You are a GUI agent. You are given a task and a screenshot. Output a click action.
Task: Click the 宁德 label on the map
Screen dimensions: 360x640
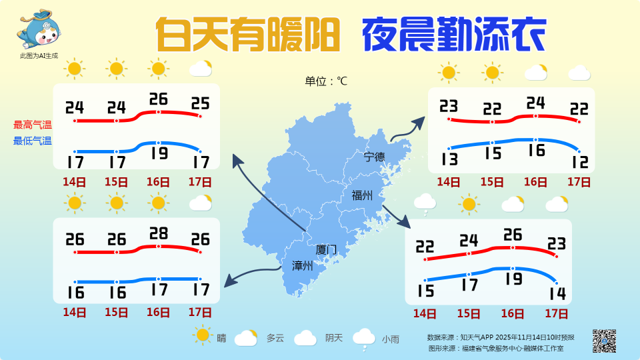tap(375, 157)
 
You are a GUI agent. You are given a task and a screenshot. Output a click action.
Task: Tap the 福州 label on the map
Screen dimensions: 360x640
tap(361, 195)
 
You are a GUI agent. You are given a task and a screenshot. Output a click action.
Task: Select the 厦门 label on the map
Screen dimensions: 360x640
tap(326, 250)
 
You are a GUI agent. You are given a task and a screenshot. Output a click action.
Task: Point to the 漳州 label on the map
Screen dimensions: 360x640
tap(303, 266)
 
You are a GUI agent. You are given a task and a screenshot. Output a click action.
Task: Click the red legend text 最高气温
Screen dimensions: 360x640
tap(33, 125)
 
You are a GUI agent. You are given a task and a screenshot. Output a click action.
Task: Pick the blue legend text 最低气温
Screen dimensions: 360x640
tap(33, 141)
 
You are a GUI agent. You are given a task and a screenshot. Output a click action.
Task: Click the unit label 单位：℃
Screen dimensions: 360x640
tap(326, 81)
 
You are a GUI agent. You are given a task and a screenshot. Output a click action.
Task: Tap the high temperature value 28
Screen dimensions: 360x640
tap(158, 233)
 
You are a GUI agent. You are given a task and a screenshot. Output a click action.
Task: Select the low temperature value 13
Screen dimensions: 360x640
tap(449, 159)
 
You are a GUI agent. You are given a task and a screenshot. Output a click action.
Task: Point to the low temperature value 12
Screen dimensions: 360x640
tap(579, 161)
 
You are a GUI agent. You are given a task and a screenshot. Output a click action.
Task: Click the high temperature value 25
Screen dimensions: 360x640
tap(200, 103)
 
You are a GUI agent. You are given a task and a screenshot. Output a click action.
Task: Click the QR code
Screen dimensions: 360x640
tap(604, 341)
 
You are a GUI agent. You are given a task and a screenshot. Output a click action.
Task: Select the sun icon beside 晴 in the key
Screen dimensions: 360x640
tap(202, 335)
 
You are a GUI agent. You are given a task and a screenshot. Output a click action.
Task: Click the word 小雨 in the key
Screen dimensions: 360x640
tap(391, 339)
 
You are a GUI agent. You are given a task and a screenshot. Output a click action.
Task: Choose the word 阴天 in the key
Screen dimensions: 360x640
tap(334, 338)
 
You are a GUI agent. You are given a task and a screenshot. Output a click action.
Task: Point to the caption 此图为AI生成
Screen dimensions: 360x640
tap(39, 55)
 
